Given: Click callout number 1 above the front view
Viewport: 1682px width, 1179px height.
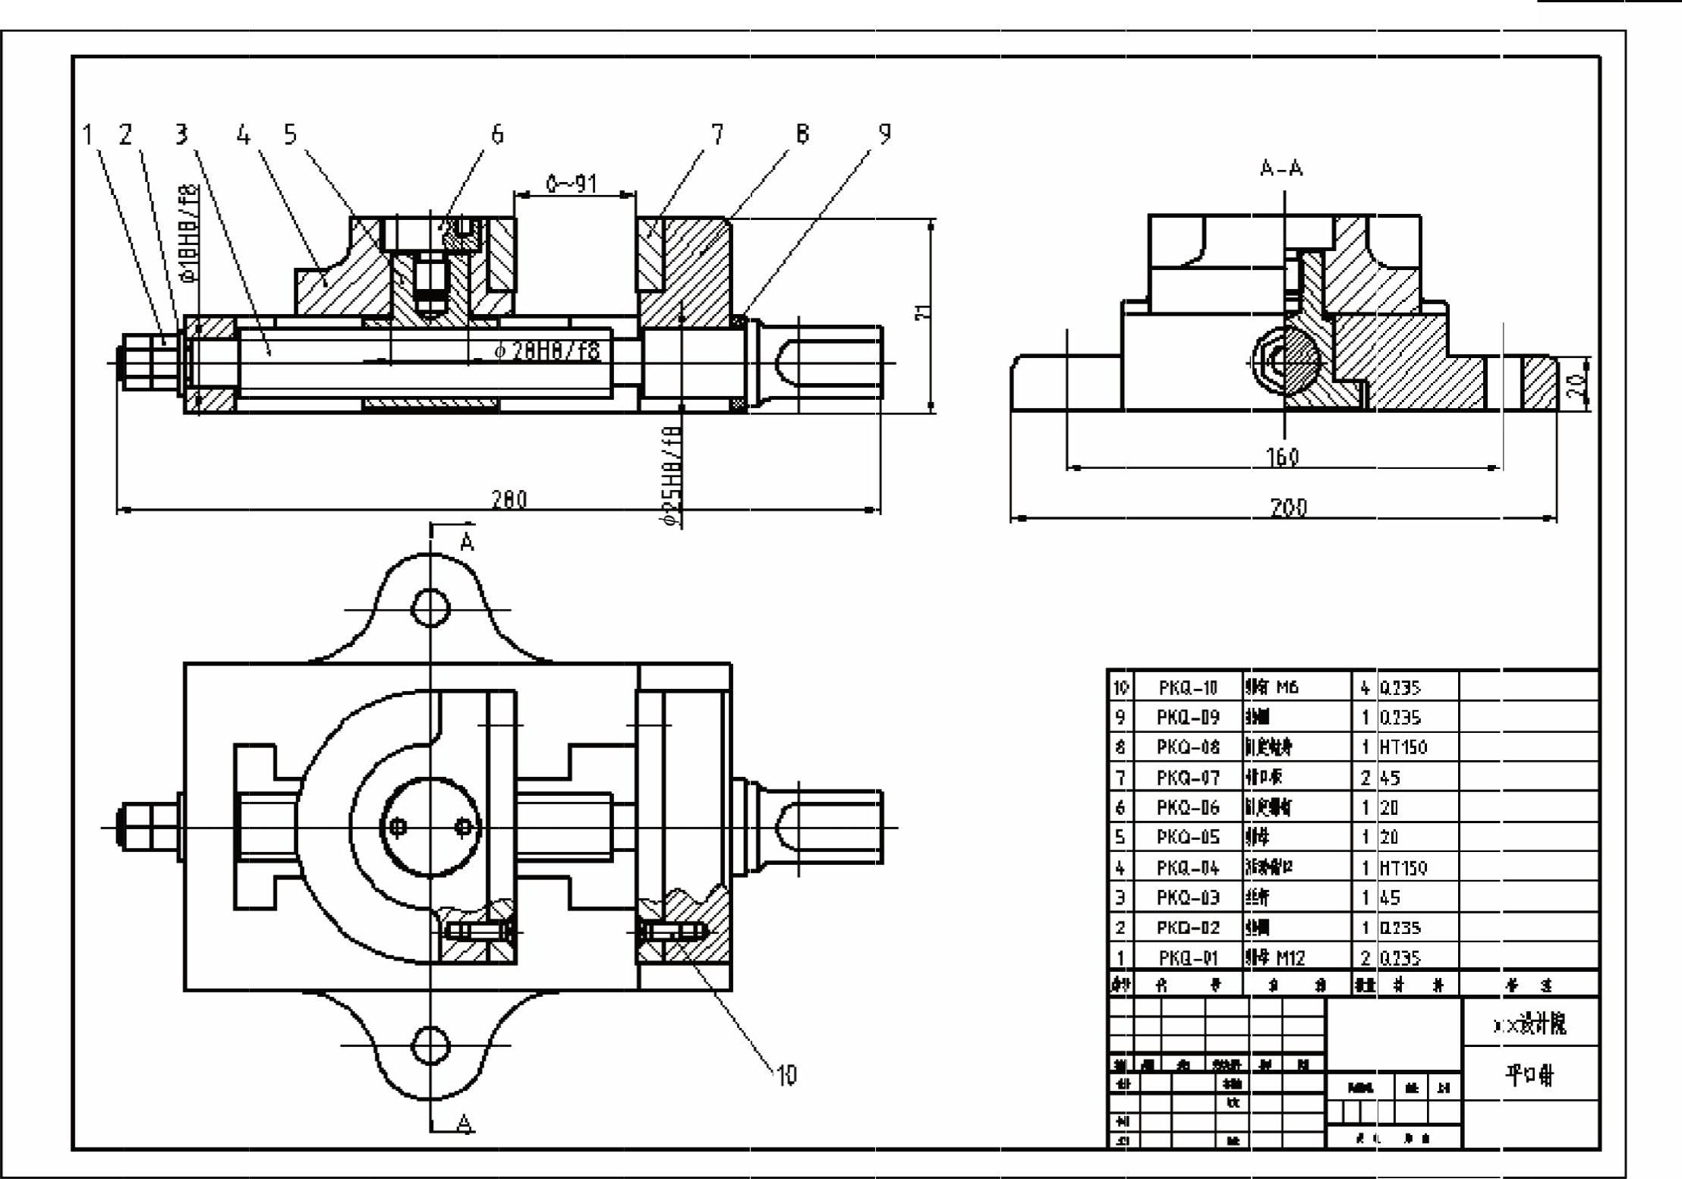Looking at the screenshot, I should click(88, 135).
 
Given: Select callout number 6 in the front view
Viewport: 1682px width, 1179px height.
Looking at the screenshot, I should click(497, 134).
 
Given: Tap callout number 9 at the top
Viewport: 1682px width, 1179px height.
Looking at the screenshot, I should click(884, 134).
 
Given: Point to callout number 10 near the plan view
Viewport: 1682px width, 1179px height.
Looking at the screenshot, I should click(786, 1074).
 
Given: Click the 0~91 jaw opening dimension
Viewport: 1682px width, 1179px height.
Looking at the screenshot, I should click(572, 184).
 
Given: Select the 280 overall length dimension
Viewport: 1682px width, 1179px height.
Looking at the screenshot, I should click(509, 499).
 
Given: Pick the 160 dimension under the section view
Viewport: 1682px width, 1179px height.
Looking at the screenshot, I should click(1283, 457).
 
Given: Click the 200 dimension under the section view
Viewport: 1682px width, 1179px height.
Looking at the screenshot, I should click(1289, 507).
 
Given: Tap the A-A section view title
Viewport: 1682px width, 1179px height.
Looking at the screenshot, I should click(1281, 168).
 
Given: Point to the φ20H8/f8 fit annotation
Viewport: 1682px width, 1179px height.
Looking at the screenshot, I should click(546, 351).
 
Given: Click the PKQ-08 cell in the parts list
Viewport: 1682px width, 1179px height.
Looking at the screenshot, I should click(1188, 747).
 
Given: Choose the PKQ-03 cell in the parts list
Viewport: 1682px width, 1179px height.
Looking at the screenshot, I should click(1188, 898).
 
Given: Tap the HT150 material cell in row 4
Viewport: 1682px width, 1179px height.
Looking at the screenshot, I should click(1403, 867).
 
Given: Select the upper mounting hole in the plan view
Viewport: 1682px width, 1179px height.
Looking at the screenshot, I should click(430, 608).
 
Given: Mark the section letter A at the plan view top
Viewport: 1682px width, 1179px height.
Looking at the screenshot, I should click(468, 542).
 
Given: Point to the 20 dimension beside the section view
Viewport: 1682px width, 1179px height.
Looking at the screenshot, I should click(1577, 385).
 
